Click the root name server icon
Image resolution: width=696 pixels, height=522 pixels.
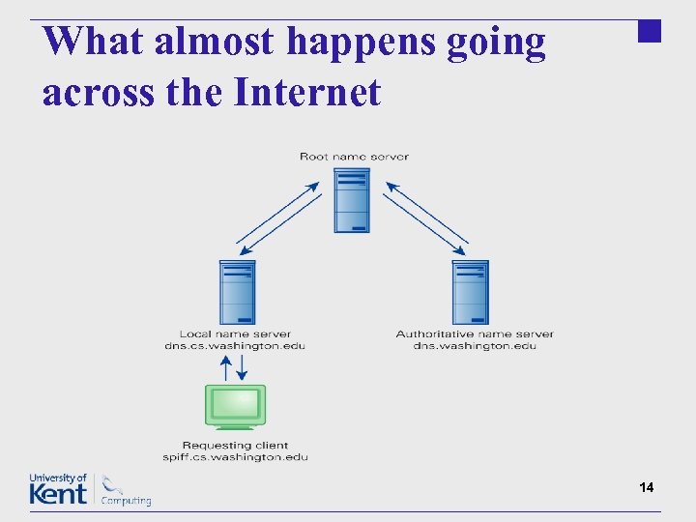352,200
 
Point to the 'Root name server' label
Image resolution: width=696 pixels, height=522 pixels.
354,157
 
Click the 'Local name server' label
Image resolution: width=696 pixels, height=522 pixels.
235,334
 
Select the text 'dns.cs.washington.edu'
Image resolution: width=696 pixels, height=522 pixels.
235,346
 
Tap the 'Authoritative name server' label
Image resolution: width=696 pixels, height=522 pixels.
475,334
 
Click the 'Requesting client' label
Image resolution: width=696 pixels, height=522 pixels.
235,446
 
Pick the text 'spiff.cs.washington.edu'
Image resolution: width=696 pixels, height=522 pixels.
235,457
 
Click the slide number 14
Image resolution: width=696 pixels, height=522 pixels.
647,488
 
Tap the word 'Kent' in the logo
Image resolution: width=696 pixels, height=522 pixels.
58,494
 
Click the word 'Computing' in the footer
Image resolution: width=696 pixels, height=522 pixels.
126,501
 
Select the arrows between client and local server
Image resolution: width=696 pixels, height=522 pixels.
235,367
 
